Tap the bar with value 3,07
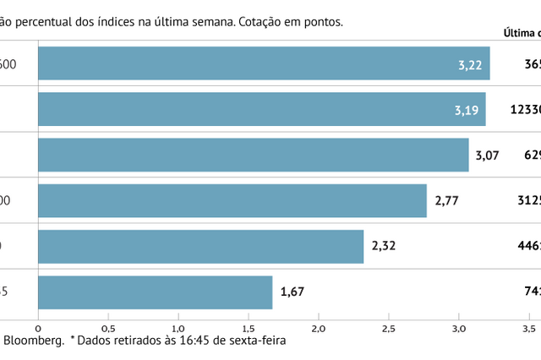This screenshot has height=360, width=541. tap(253, 155)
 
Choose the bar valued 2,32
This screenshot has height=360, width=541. tap(200, 246)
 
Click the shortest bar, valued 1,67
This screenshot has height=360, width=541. tap(155, 292)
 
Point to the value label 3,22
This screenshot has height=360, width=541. tap(469, 64)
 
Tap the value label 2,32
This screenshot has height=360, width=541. tap(384, 246)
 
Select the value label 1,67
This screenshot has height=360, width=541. tap(292, 292)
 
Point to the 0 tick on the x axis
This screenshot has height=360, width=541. tap(38, 326)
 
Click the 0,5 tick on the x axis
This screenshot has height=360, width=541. tap(108, 326)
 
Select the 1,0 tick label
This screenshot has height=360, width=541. tap(178, 326)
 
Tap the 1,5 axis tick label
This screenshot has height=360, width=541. tap(249, 326)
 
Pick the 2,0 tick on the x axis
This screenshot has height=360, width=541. tap(319, 326)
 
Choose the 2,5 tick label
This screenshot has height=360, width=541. tap(389, 326)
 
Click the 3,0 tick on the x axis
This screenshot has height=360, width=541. tap(459, 326)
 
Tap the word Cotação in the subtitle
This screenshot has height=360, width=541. tap(253, 22)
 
